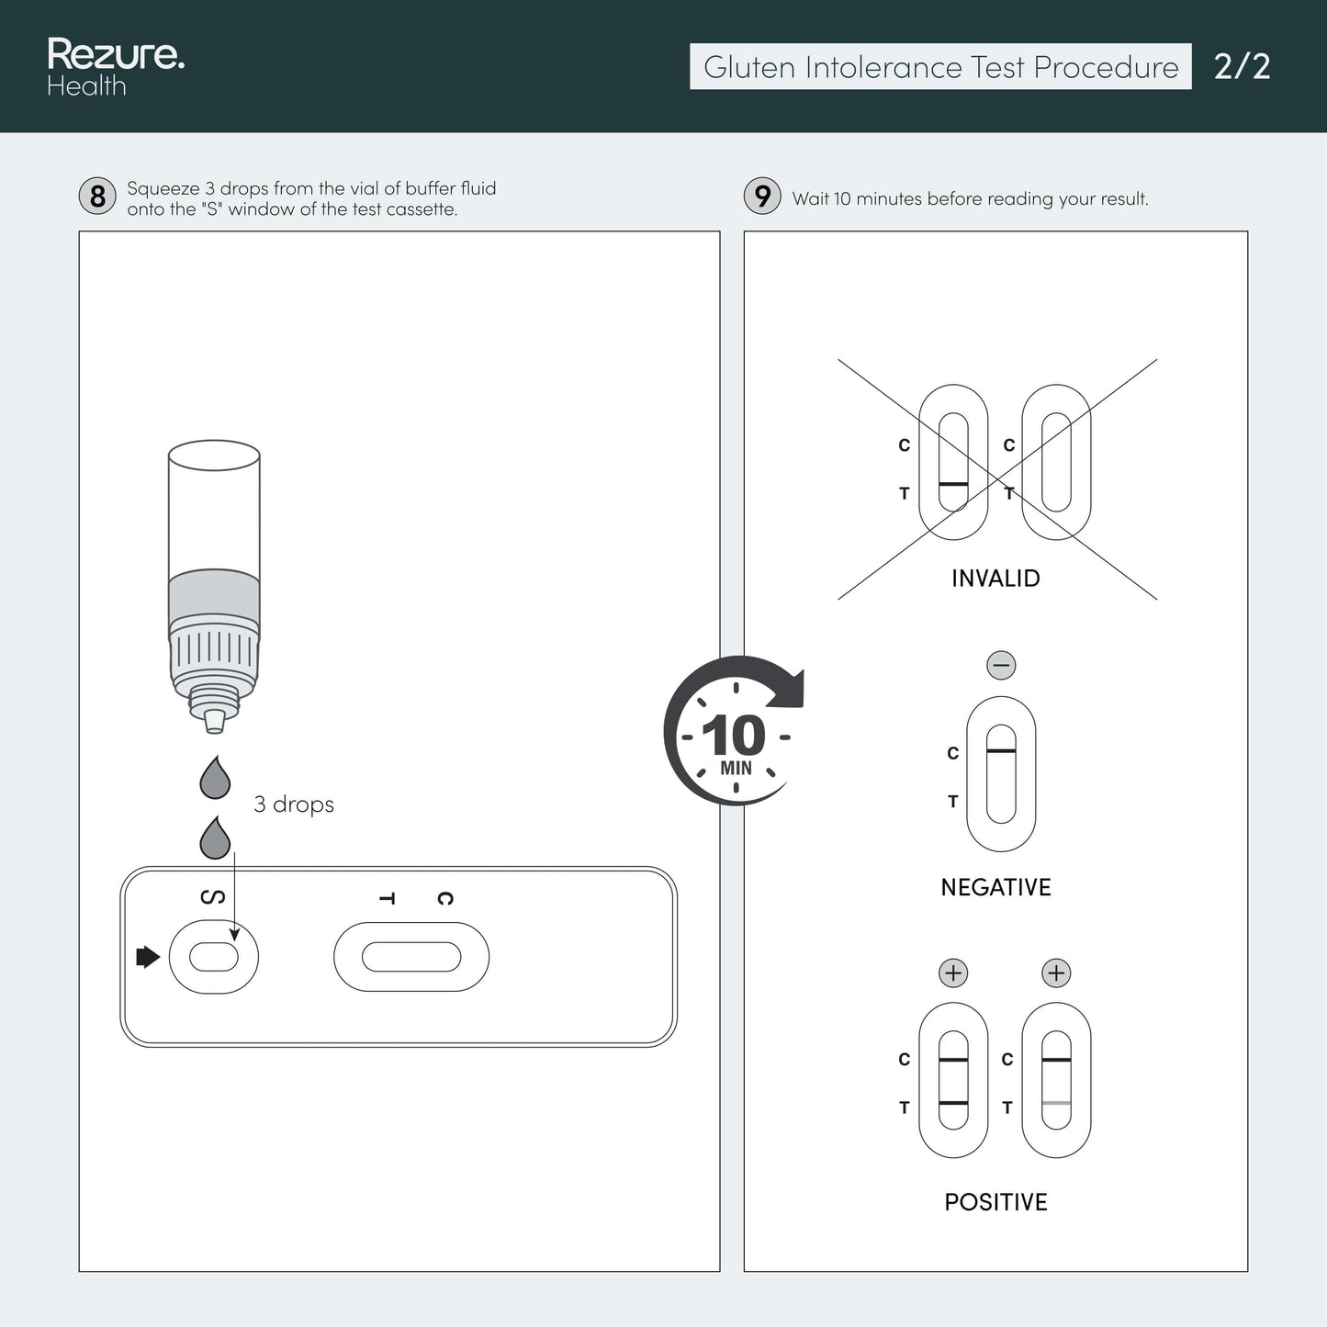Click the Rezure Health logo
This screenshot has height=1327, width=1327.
point(116,67)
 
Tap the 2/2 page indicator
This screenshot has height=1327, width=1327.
point(1242,67)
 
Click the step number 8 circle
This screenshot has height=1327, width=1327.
point(97,197)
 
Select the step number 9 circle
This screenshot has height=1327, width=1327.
point(762,197)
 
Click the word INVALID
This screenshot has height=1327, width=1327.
point(995,579)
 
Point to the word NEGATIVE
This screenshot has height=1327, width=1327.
point(995,888)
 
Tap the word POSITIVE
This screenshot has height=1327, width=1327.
point(995,1202)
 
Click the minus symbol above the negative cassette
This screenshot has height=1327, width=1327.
point(1001,665)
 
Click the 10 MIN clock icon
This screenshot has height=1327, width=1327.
point(735,731)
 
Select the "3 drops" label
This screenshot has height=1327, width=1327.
point(294,804)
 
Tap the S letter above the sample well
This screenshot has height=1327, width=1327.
point(213,897)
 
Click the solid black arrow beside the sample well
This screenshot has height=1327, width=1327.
point(148,957)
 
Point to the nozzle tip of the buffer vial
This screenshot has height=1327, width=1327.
point(214,727)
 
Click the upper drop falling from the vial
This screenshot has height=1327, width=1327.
point(215,778)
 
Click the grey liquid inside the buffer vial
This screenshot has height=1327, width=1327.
point(214,596)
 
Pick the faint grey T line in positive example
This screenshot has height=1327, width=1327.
point(1056,1103)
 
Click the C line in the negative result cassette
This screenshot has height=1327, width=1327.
point(1001,750)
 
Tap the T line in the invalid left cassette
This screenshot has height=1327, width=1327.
point(954,484)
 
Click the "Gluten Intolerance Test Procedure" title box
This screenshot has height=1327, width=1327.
point(940,67)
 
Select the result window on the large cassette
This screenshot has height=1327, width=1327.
point(411,957)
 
